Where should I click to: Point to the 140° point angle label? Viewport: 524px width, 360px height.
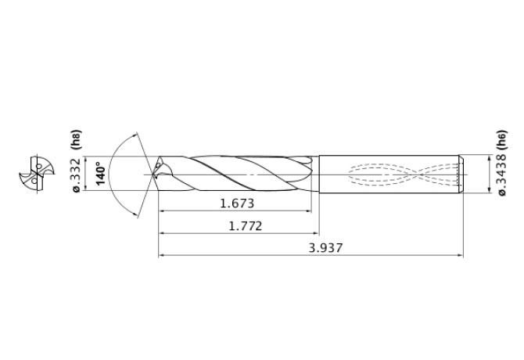[100, 173]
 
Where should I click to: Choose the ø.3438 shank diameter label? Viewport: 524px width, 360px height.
[501, 176]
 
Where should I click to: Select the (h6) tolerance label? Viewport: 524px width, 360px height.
[501, 139]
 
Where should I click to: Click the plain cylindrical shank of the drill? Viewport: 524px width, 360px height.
[391, 173]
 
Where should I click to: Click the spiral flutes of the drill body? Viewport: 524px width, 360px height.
[235, 172]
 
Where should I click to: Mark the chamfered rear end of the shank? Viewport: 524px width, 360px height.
[461, 173]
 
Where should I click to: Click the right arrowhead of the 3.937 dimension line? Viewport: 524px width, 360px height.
[460, 255]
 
